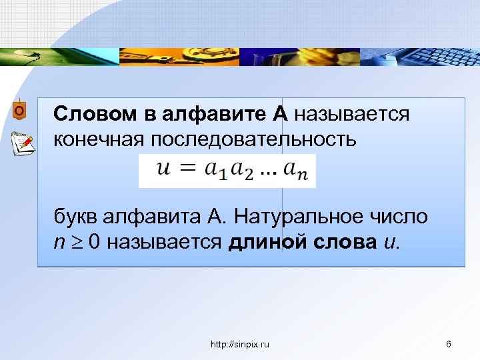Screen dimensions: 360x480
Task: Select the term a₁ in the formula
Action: click(x=216, y=171)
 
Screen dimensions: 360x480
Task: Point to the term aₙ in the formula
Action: click(x=297, y=171)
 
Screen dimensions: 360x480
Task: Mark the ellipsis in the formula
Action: click(x=269, y=175)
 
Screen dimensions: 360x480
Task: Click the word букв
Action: click(x=75, y=217)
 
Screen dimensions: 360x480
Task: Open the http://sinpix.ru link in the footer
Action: click(x=240, y=344)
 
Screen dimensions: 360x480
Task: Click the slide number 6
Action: click(x=448, y=344)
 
